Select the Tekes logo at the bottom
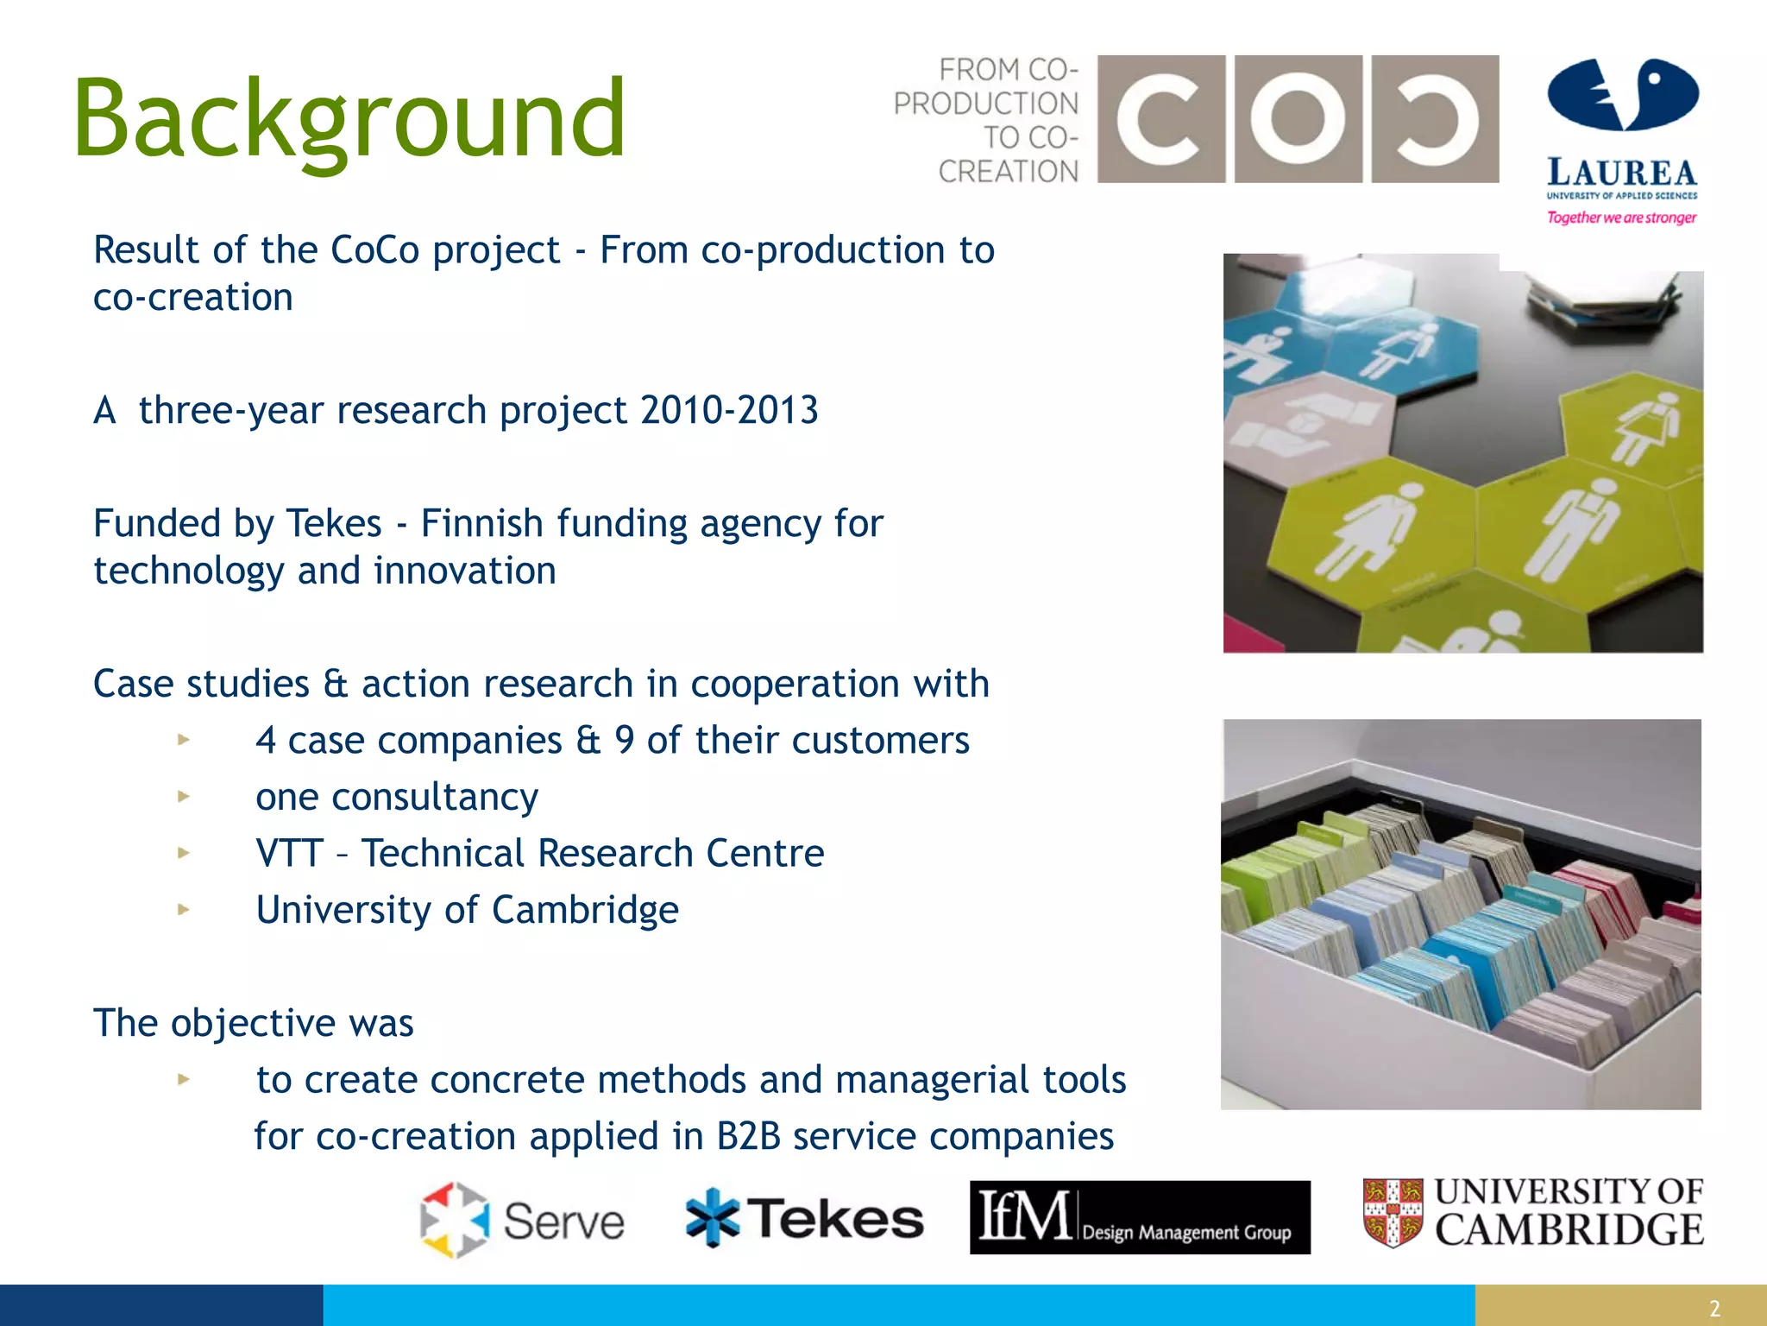(804, 1218)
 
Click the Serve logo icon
(455, 1220)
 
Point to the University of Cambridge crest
(1393, 1213)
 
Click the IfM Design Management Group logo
(1139, 1217)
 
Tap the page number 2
(1714, 1308)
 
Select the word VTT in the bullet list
(290, 854)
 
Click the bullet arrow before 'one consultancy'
(183, 796)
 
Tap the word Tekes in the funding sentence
(334, 524)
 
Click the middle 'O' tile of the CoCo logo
(1298, 119)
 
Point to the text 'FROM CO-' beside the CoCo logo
(1008, 69)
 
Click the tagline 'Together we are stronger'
(1621, 218)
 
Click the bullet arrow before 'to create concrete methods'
(183, 1078)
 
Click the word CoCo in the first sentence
(375, 250)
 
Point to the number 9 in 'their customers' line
(624, 741)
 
